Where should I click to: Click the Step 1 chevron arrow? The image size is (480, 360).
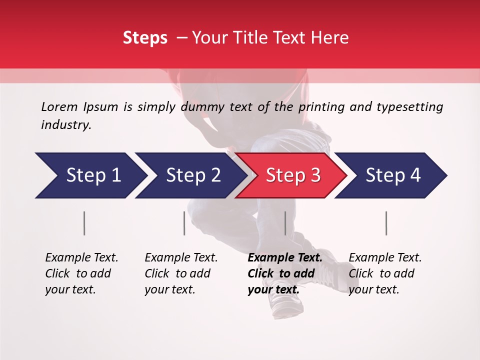point(92,175)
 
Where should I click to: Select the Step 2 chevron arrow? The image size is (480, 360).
point(192,175)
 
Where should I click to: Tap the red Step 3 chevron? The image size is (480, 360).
point(292,175)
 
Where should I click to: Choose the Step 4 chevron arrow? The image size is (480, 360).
point(392,175)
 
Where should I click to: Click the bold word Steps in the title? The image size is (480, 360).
point(145,38)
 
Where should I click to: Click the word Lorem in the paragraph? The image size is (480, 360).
point(59,106)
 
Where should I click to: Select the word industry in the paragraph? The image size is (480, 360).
point(65,125)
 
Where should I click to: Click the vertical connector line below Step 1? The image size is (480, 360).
point(84,223)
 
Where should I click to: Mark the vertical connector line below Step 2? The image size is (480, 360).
point(184,223)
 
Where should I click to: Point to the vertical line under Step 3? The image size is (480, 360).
point(285,223)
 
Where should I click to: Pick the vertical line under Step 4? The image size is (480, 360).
point(386,223)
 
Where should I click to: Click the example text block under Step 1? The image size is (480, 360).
point(81,273)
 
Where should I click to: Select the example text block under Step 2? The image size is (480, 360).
point(181,273)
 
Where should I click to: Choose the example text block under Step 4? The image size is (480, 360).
point(385,273)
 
